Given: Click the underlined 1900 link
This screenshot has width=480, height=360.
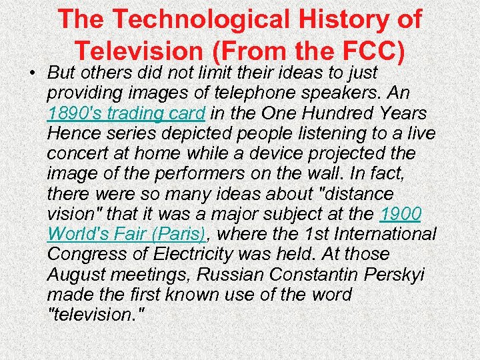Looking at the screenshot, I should (401, 213).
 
